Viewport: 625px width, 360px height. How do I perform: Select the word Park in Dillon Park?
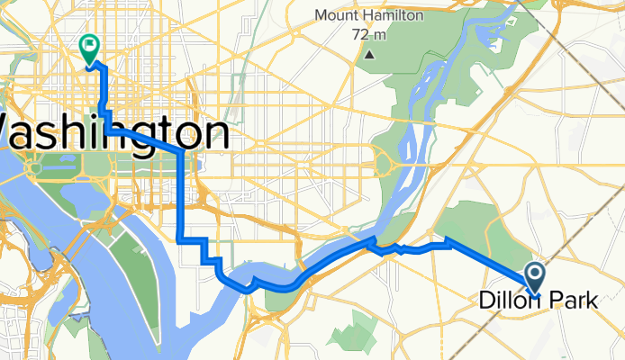coord(568,303)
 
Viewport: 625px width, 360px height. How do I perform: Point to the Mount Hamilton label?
coord(370,15)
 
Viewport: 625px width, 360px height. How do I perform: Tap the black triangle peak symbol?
coord(370,55)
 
